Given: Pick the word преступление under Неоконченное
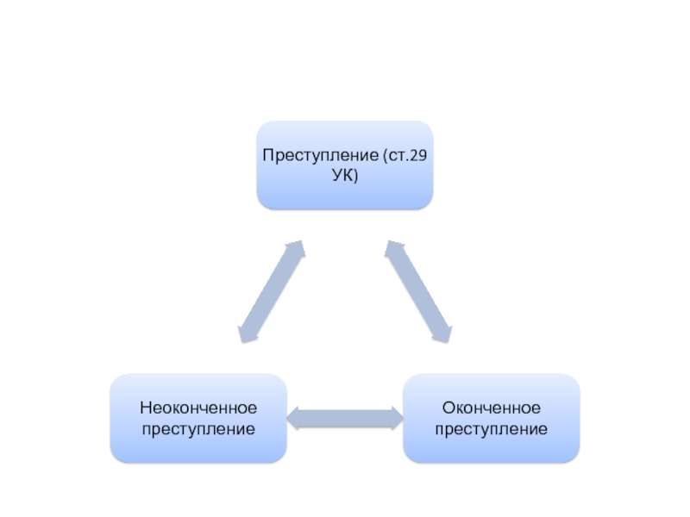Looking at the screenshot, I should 198,428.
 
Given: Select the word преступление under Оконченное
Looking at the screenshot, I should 491,428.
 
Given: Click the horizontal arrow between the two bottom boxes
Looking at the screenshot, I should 344,419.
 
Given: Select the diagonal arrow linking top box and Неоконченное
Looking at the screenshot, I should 271,291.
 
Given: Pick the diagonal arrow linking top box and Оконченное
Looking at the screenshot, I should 418,291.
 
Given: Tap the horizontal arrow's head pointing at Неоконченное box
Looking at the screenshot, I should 294,419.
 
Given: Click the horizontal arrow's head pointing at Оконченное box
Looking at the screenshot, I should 394,419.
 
